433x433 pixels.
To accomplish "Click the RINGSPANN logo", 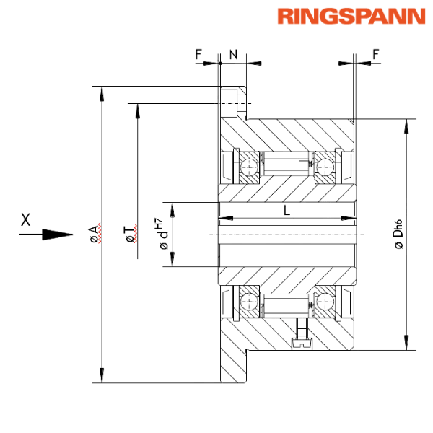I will tap(351, 17).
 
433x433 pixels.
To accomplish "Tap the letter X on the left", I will tap(26, 219).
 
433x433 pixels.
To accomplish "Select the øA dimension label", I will tap(95, 233).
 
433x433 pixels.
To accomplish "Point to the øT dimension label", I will tap(130, 232).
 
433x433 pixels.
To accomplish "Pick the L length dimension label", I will tap(287, 211).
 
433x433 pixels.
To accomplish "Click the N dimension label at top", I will tap(232, 54).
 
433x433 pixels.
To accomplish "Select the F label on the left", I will tap(198, 54).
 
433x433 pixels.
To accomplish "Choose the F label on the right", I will tap(375, 54).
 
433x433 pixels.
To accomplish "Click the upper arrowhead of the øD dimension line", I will tap(408, 126).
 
